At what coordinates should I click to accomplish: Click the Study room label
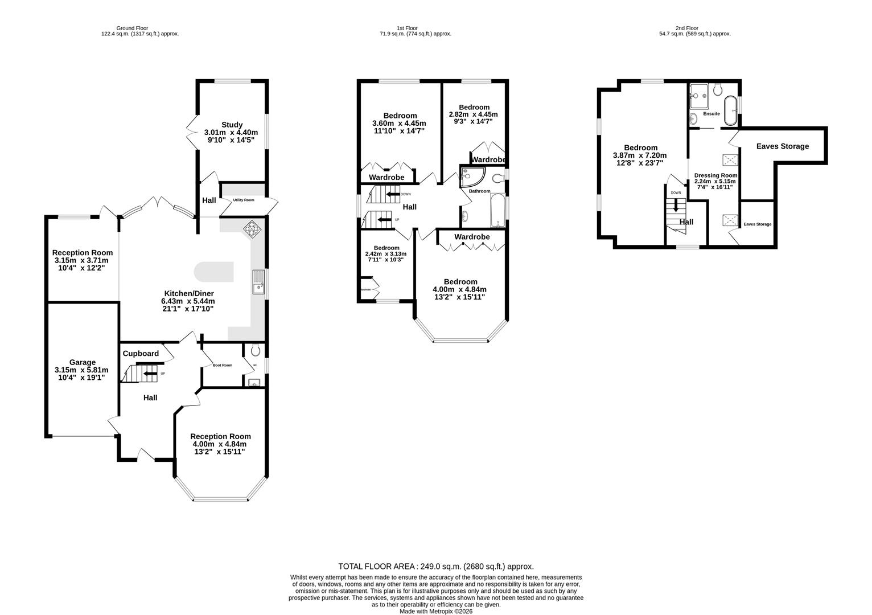[232, 125]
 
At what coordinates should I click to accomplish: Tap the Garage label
[83, 362]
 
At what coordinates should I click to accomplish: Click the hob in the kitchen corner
[252, 228]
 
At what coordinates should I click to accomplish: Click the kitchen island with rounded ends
[213, 272]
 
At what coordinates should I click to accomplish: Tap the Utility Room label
[243, 200]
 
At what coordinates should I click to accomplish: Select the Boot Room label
[223, 365]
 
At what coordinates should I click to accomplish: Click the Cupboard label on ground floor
[141, 354]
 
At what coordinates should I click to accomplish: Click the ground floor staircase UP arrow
[150, 374]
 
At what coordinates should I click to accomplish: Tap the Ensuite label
[711, 114]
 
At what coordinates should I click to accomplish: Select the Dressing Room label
[715, 175]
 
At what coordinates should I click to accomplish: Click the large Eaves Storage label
[782, 146]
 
